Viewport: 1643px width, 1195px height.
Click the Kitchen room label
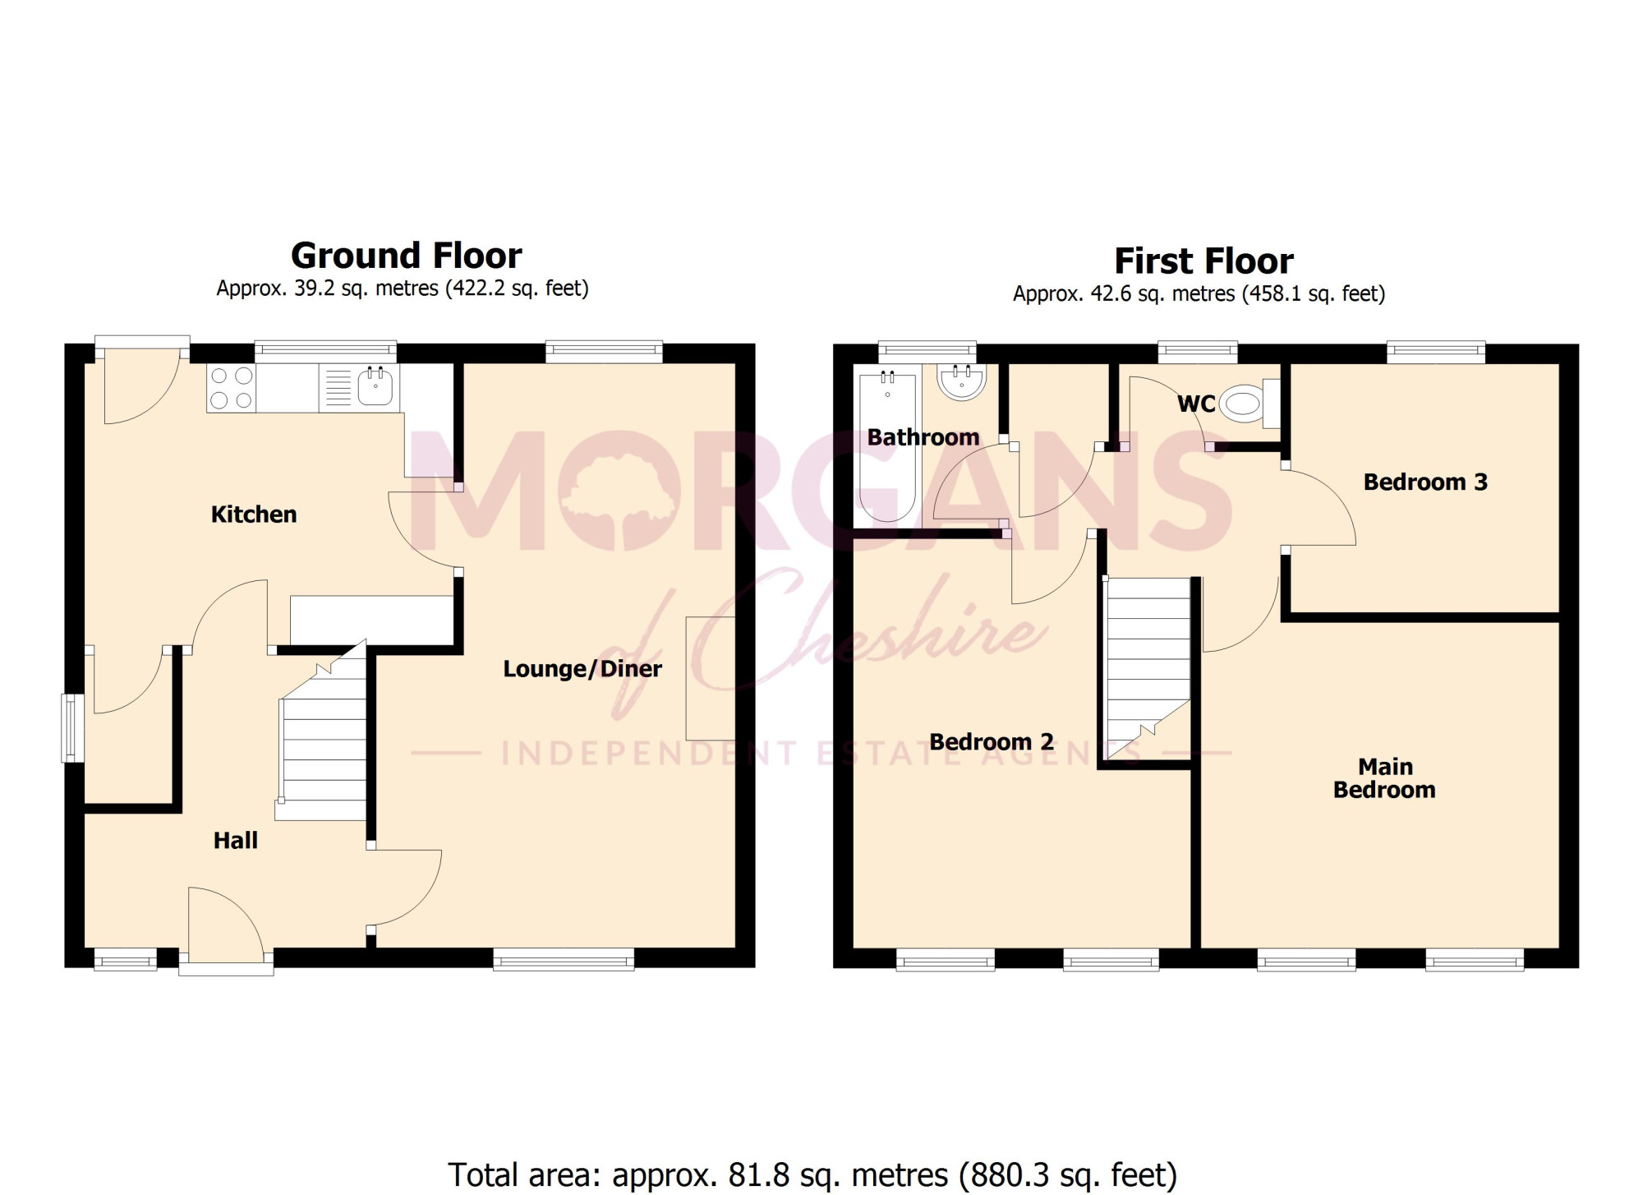(254, 514)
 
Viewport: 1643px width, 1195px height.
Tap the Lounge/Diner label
(582, 669)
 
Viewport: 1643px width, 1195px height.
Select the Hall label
(236, 840)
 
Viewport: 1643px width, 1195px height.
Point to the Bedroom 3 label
(1425, 482)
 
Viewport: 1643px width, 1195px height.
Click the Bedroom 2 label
(992, 741)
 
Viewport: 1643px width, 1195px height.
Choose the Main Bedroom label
(1385, 778)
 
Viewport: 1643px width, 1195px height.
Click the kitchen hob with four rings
(231, 388)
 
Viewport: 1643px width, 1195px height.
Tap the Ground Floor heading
(407, 256)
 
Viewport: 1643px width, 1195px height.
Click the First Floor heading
(1203, 261)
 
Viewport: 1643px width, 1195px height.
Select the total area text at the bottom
(812, 1175)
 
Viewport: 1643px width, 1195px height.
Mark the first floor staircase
(1148, 669)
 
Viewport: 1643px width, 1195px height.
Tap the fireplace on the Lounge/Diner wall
(711, 678)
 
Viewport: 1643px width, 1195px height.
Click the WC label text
(1196, 404)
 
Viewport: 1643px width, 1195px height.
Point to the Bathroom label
(923, 437)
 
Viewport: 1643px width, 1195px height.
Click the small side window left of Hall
(73, 728)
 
